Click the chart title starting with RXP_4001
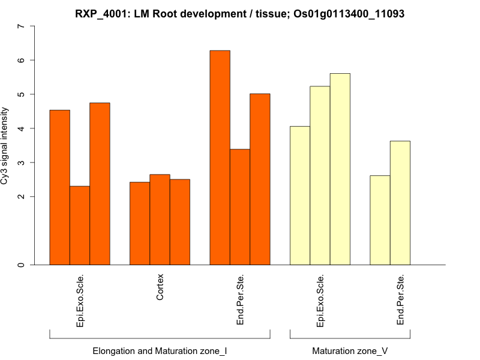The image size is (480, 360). [x=239, y=13]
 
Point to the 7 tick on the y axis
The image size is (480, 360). [x=22, y=26]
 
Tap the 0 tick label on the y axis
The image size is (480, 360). [x=22, y=265]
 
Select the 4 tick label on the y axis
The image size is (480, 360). [x=22, y=128]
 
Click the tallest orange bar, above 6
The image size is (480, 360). [x=220, y=157]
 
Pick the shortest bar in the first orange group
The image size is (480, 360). [x=80, y=225]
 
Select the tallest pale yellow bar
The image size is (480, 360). [x=340, y=169]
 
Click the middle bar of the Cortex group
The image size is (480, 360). [x=160, y=219]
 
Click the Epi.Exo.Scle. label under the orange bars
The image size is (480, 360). [x=80, y=300]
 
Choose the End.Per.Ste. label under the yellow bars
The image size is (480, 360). [x=401, y=300]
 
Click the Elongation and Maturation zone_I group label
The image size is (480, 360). [x=160, y=350]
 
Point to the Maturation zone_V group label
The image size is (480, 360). [x=350, y=350]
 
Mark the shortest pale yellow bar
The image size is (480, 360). [x=380, y=220]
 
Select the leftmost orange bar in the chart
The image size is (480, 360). [x=59, y=187]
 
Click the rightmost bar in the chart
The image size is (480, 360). [x=400, y=203]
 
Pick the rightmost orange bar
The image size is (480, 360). [x=260, y=179]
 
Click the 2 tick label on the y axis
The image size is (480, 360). [x=22, y=197]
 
